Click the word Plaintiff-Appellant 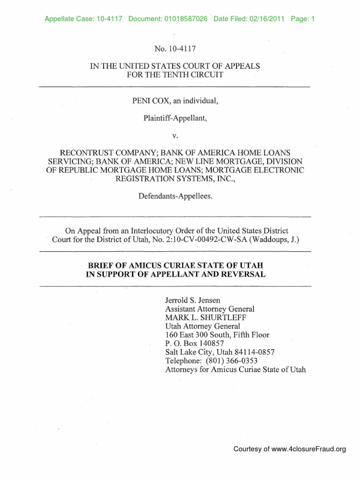pos(174,118)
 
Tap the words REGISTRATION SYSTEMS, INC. pos(175,179)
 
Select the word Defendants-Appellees pos(175,196)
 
